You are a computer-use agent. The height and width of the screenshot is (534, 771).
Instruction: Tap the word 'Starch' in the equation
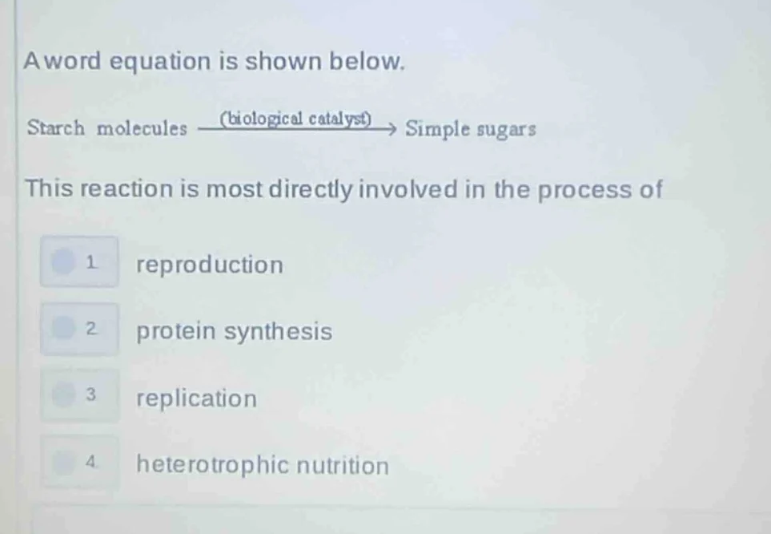click(55, 128)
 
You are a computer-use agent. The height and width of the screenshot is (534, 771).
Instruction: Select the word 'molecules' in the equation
click(143, 128)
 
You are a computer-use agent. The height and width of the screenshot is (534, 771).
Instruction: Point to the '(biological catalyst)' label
click(296, 119)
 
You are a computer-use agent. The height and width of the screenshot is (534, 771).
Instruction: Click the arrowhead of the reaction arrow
click(391, 128)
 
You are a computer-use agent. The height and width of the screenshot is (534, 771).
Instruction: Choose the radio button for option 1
click(63, 261)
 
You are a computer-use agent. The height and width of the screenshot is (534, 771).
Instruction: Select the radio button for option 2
click(63, 328)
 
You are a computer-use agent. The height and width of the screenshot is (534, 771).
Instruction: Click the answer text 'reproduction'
click(210, 265)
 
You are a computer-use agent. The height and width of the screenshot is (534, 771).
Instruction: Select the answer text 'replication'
click(197, 398)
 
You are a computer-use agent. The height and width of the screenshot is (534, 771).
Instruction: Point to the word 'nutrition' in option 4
click(343, 465)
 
